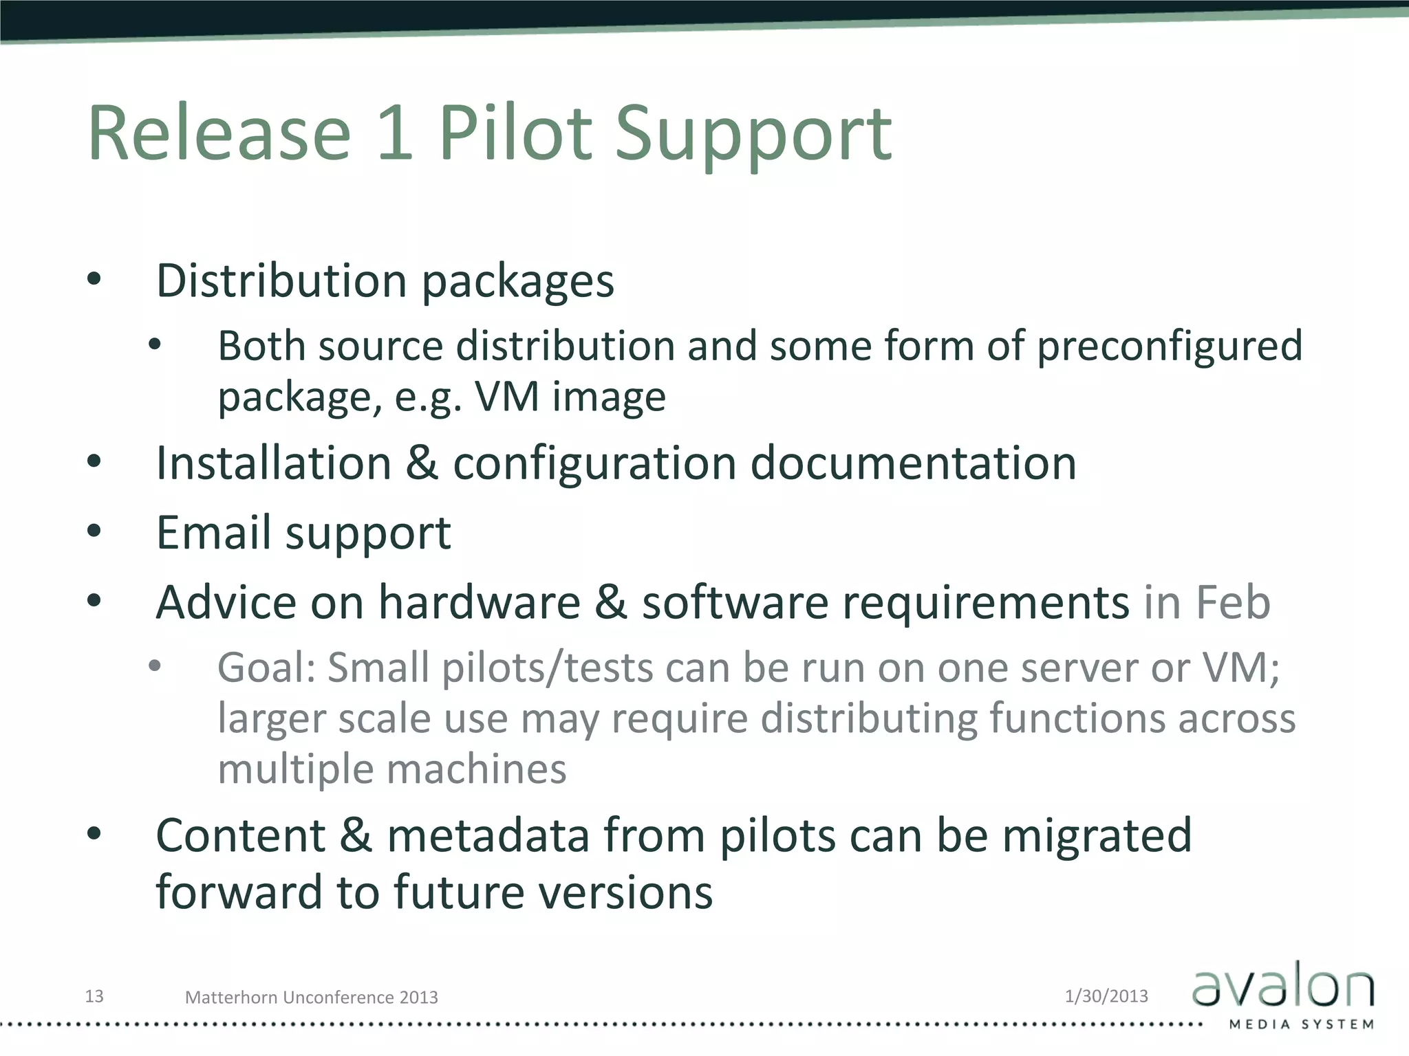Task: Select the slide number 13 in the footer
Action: [x=94, y=995]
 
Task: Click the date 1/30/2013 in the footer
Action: [x=1106, y=995]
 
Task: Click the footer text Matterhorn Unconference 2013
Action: [x=311, y=997]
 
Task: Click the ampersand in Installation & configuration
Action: [x=422, y=463]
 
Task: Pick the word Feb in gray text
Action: [x=1233, y=602]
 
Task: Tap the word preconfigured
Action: [x=1170, y=345]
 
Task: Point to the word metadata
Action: [x=488, y=835]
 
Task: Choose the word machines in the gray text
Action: [x=476, y=769]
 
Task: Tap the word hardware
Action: [x=480, y=602]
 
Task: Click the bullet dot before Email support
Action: [x=94, y=531]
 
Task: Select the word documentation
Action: [x=913, y=463]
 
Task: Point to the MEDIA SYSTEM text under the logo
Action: [x=1302, y=1024]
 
